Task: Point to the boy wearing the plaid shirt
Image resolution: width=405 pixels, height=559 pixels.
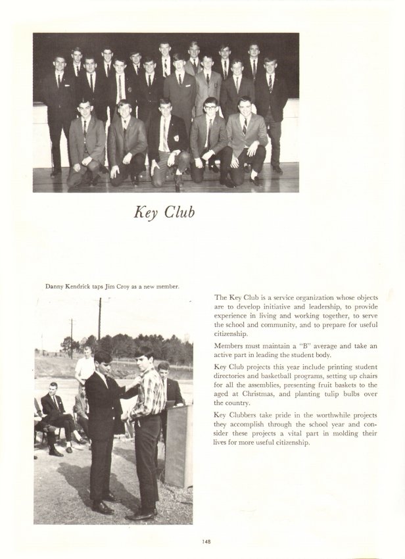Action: (146, 408)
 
